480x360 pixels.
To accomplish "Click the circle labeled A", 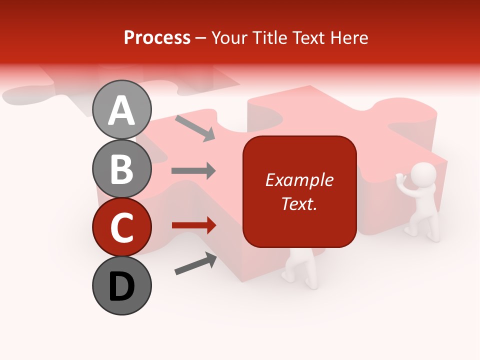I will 122,109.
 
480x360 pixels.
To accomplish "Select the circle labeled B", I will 122,168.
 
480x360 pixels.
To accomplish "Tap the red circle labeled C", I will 122,227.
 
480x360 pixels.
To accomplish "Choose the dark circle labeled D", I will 122,285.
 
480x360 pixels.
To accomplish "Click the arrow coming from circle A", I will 195,127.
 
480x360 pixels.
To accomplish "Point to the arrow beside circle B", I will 193,171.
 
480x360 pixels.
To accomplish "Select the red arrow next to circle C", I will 193,225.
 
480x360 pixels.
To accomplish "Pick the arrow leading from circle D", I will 195,263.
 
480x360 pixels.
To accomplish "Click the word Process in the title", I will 157,37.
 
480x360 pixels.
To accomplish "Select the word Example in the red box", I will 299,180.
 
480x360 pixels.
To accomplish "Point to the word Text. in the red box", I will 299,203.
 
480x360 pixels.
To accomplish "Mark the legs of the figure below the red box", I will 300,270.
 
